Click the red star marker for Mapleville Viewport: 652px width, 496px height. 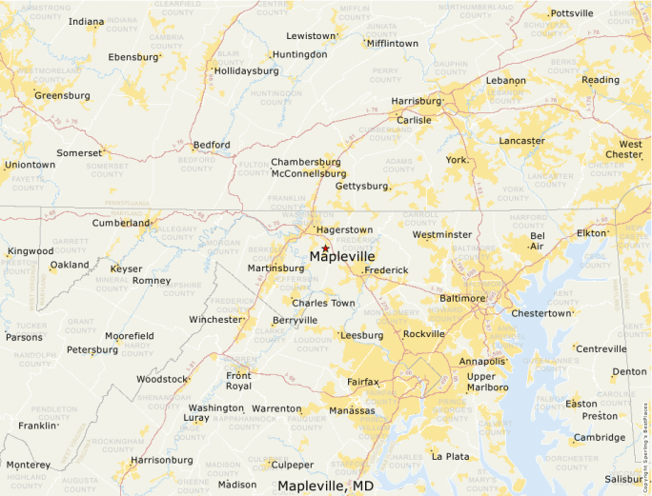[325, 248]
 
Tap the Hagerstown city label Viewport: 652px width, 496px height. [344, 230]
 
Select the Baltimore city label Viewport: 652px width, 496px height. [462, 299]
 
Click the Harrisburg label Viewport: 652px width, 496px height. [416, 101]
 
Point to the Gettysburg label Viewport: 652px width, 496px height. [361, 186]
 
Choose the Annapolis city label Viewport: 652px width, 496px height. [482, 362]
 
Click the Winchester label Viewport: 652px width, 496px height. [215, 320]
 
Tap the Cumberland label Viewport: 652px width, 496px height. [121, 224]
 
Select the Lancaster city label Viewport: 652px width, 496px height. [521, 141]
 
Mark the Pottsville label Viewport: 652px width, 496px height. [572, 13]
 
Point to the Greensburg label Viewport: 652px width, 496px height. [62, 95]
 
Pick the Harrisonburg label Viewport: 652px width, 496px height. [161, 460]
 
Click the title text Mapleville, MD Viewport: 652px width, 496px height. [325, 486]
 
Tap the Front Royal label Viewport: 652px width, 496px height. [238, 381]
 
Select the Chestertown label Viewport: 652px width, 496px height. [540, 313]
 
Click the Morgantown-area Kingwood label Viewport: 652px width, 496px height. [31, 251]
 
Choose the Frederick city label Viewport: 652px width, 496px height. [386, 270]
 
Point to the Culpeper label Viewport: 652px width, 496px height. [292, 465]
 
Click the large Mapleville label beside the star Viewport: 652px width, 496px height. [343, 257]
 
